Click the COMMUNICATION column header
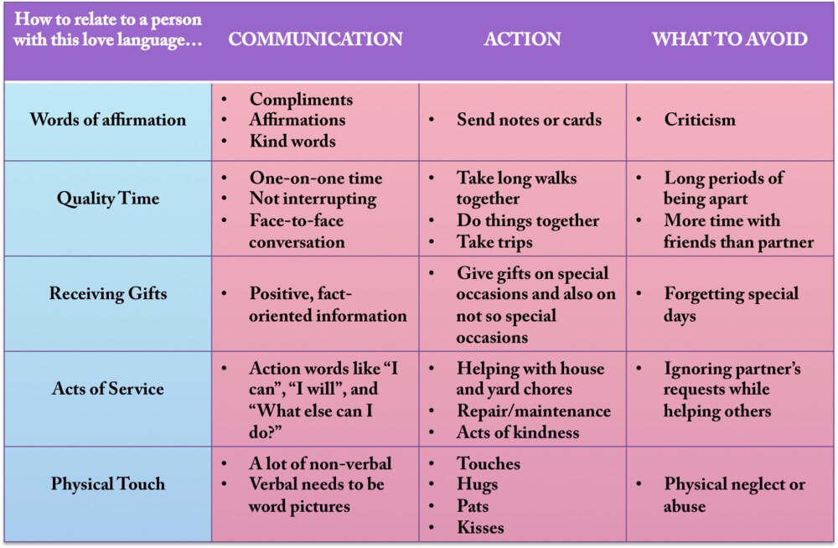315,39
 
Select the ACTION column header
522,39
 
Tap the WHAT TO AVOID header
730,39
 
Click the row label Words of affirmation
108,120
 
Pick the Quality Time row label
108,199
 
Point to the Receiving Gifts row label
108,293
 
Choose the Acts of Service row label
108,389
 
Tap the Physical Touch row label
108,483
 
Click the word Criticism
700,120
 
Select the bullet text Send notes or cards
529,120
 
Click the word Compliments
301,100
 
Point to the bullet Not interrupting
313,199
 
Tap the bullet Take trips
494,242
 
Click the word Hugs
478,484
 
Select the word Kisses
480,528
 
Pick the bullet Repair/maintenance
533,411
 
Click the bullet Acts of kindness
518,432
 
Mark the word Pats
473,506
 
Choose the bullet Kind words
292,141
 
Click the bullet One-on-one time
316,178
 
